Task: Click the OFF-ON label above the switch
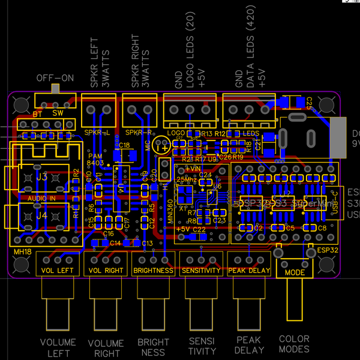tap(55, 78)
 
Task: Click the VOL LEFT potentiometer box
tap(58, 265)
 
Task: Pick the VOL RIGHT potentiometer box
tap(106, 265)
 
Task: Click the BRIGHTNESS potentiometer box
tap(154, 265)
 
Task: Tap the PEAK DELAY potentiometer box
tap(249, 265)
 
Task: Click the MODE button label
tap(295, 272)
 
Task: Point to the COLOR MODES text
tap(294, 344)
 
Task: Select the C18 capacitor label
tap(124, 145)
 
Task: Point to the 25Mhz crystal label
tap(187, 179)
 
